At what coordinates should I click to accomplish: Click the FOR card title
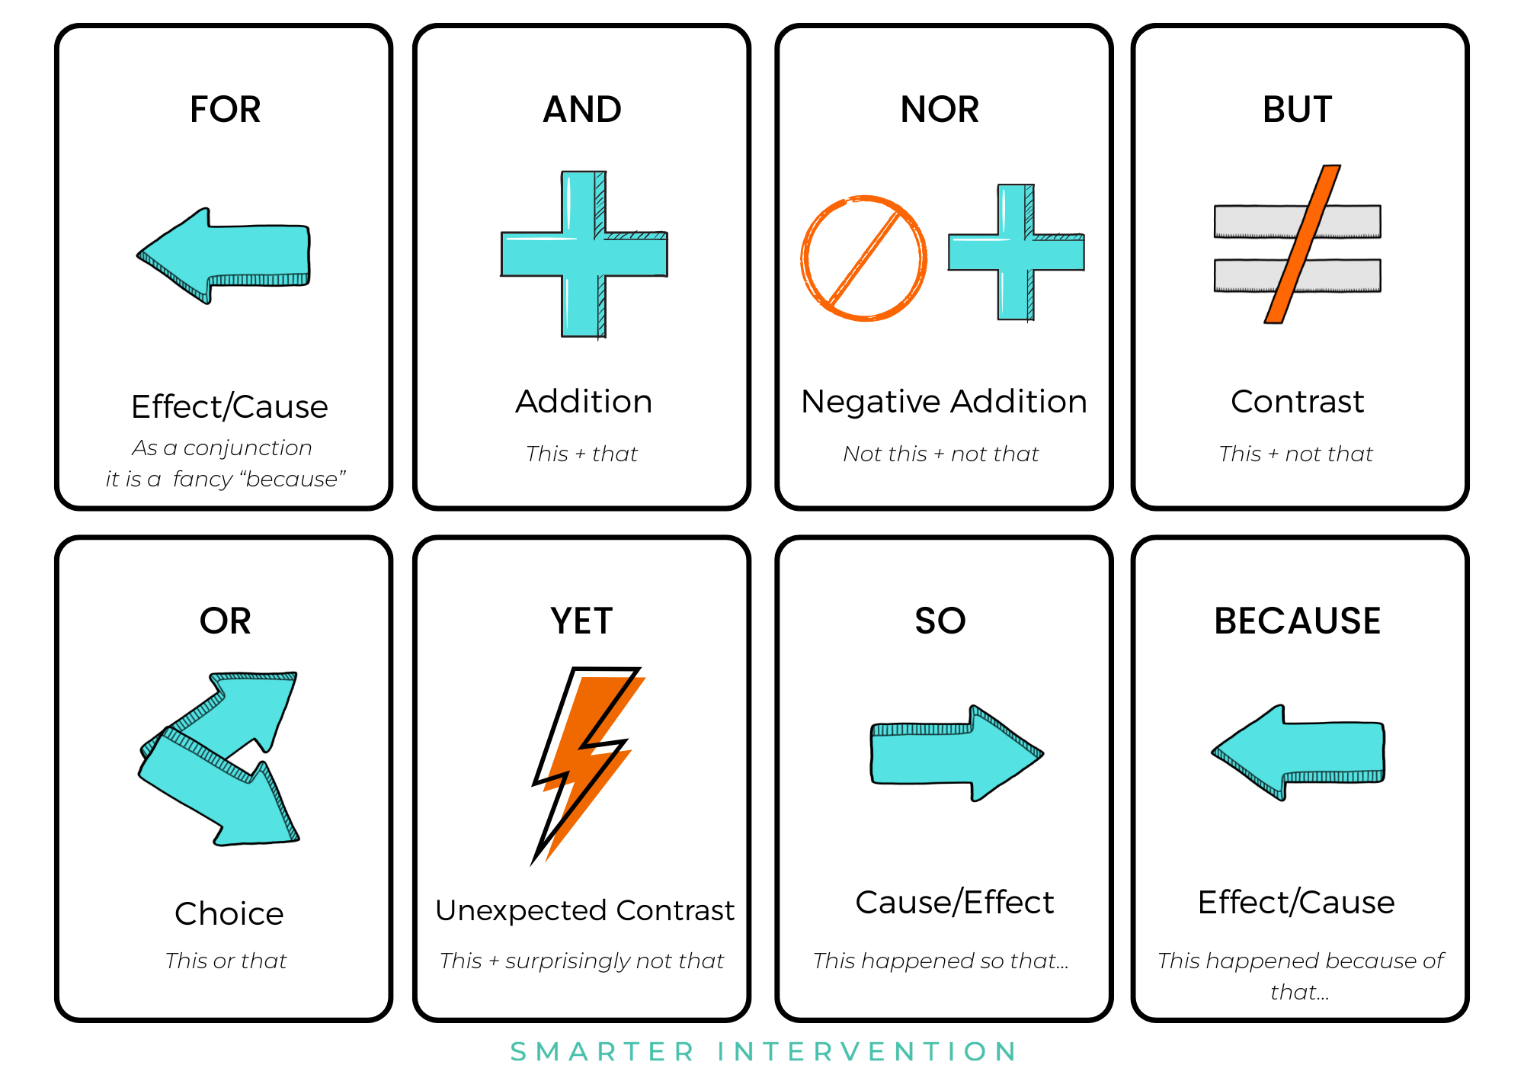point(225,110)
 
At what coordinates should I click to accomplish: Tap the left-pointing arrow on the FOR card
point(229,255)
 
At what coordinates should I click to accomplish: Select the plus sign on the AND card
point(584,255)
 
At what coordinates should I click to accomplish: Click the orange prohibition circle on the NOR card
point(863,258)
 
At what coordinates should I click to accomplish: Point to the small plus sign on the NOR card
point(1017,252)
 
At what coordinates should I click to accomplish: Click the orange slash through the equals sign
point(1301,244)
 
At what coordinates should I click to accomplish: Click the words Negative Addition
point(943,402)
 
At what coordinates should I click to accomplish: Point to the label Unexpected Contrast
point(584,910)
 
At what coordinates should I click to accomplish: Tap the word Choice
point(229,913)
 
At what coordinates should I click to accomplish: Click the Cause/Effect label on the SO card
point(954,903)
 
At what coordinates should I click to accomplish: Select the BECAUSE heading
point(1297,621)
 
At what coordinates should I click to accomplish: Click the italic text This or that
point(226,961)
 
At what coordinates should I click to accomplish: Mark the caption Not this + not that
point(940,454)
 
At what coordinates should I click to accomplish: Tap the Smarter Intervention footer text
point(764,1052)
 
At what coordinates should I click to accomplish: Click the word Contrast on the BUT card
point(1297,402)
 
